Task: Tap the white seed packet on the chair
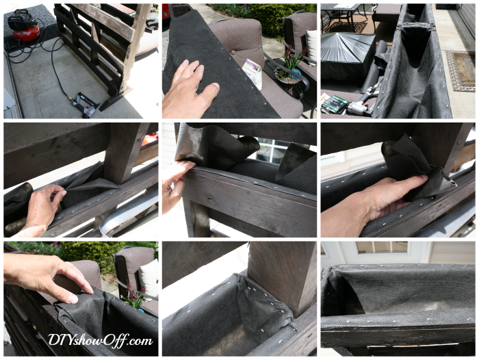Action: click(x=253, y=73)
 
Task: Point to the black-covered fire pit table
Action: click(x=347, y=55)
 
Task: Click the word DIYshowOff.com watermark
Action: click(x=100, y=340)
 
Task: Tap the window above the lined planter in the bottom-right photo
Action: click(x=382, y=248)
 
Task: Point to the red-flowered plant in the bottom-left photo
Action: click(x=134, y=296)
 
